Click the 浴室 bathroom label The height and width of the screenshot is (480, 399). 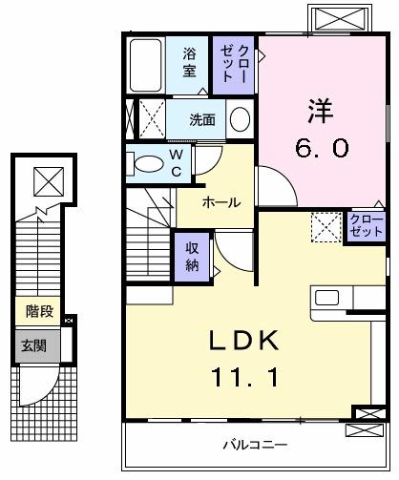click(x=190, y=62)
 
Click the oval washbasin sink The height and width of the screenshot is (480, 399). click(x=240, y=120)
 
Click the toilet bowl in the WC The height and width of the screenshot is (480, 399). click(x=147, y=164)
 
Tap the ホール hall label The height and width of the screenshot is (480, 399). click(x=220, y=202)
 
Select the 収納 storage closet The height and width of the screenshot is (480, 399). click(x=190, y=255)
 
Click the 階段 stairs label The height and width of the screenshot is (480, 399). click(x=38, y=311)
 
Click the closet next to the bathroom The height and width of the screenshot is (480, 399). click(x=234, y=63)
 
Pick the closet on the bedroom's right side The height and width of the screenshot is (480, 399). click(x=366, y=227)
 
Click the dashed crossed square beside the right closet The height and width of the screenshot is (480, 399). click(x=326, y=227)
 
